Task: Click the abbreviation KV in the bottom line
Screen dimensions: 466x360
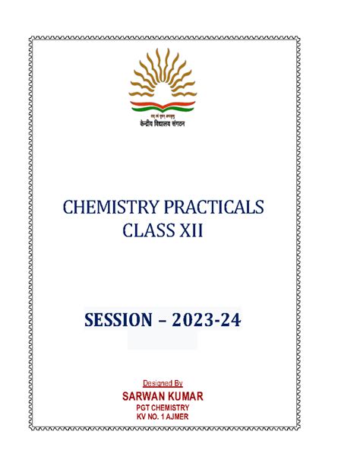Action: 142,417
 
